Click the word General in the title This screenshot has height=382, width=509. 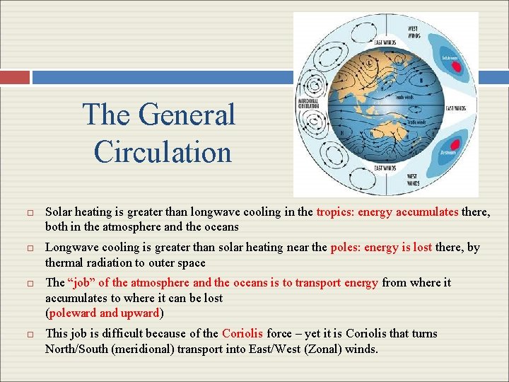click(187, 115)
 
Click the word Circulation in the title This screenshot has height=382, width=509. click(163, 151)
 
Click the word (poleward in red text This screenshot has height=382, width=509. click(71, 313)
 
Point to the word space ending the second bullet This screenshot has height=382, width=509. click(192, 262)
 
